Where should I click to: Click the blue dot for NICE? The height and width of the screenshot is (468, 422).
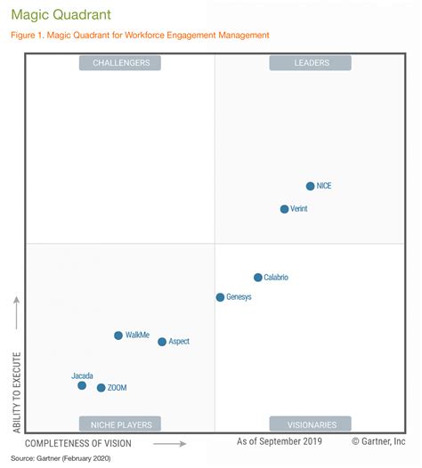tap(311, 186)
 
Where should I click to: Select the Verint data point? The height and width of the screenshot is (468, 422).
tap(285, 209)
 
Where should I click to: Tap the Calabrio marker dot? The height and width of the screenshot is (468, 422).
tap(258, 278)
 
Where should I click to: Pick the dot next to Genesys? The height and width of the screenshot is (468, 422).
tap(221, 297)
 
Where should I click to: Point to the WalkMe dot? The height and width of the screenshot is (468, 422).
tap(118, 335)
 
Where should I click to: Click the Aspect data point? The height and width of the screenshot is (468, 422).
tap(162, 342)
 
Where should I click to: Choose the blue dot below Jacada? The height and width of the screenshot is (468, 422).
tap(82, 385)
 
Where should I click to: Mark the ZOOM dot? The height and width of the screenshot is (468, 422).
tap(101, 388)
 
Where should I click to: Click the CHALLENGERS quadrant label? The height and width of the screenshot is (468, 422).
tap(120, 63)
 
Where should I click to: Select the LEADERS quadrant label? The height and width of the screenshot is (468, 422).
tap(311, 63)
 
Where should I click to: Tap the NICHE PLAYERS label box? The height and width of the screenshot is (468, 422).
tap(120, 424)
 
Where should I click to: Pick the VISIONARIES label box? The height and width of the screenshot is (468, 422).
tap(311, 424)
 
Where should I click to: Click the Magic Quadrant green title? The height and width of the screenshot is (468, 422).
tap(61, 14)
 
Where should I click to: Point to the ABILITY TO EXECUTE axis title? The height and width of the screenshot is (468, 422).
tap(17, 392)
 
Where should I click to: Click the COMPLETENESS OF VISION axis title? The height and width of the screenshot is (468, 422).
tap(78, 443)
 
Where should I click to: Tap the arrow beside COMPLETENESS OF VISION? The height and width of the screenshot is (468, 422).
tap(170, 444)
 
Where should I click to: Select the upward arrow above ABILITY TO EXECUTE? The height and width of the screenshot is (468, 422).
tap(17, 313)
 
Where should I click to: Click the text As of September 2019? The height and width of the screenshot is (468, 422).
tap(280, 441)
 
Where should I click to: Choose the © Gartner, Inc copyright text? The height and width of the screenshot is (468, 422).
tap(378, 441)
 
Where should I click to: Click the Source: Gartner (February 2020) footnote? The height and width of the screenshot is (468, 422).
tap(61, 458)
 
